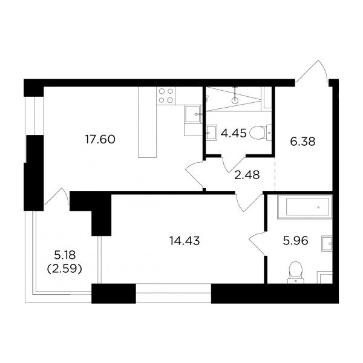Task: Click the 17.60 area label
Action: click(x=100, y=140)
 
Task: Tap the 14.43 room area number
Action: click(x=185, y=241)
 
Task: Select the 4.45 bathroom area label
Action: click(x=234, y=133)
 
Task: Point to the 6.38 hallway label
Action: click(x=302, y=142)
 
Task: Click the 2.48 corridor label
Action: click(x=247, y=175)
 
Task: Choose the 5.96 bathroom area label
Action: click(x=296, y=241)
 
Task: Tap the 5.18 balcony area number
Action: click(x=65, y=255)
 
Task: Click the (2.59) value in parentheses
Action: click(x=65, y=269)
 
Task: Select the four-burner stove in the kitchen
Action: click(x=166, y=96)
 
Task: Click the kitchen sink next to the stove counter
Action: click(x=192, y=114)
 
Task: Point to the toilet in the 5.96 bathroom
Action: click(x=296, y=272)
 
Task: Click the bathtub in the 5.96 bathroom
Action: click(x=305, y=207)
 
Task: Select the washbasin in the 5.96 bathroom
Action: click(x=327, y=244)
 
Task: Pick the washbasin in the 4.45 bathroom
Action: click(x=212, y=133)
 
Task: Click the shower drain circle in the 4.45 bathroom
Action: click(x=235, y=100)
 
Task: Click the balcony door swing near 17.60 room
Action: click(x=57, y=196)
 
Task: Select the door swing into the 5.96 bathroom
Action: click(x=257, y=244)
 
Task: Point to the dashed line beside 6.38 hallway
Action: click(x=275, y=174)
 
